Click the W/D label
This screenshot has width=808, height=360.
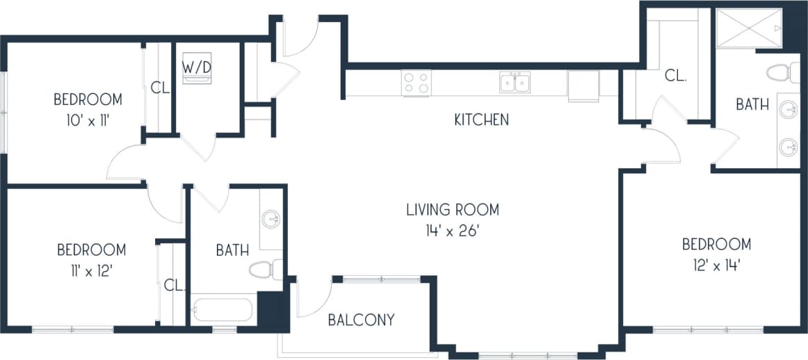pos(197,67)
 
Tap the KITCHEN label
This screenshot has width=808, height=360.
pos(481,120)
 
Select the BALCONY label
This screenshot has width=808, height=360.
pos(361,320)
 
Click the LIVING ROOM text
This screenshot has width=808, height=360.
pos(453,209)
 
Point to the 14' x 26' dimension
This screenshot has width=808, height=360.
pos(453,230)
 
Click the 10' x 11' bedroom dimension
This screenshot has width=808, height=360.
pos(88,120)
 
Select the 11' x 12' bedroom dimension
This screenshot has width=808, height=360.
pos(91,270)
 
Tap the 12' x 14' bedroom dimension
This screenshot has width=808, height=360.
pos(716,265)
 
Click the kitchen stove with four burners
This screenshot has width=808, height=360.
pos(416,83)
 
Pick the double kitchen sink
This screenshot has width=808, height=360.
pos(515,83)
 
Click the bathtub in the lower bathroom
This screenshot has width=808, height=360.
pos(223,310)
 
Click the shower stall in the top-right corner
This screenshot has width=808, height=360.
pos(748,28)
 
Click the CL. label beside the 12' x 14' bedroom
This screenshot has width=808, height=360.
pos(675,76)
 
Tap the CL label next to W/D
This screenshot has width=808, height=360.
pos(160,88)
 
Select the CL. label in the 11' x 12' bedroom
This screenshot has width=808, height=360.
pos(173,285)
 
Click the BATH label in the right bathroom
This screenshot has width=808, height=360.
pos(752,105)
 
